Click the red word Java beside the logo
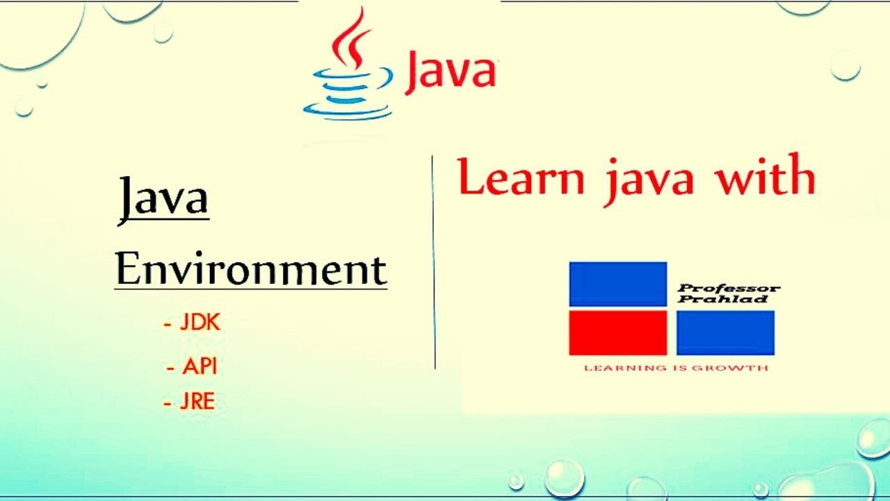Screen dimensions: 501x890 pyautogui.click(x=450, y=71)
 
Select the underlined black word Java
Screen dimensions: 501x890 pyautogui.click(x=163, y=198)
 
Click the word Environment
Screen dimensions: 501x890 pyautogui.click(x=250, y=270)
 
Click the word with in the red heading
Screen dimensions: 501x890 pyautogui.click(x=766, y=177)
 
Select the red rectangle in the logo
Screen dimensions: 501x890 pyautogui.click(x=617, y=333)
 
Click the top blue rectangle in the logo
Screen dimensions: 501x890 pyautogui.click(x=617, y=284)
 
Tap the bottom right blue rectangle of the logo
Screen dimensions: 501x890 pyautogui.click(x=725, y=333)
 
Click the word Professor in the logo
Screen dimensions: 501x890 pyautogui.click(x=729, y=288)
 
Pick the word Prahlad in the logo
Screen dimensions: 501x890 pyautogui.click(x=723, y=299)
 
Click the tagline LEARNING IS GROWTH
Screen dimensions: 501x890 pyautogui.click(x=676, y=367)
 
